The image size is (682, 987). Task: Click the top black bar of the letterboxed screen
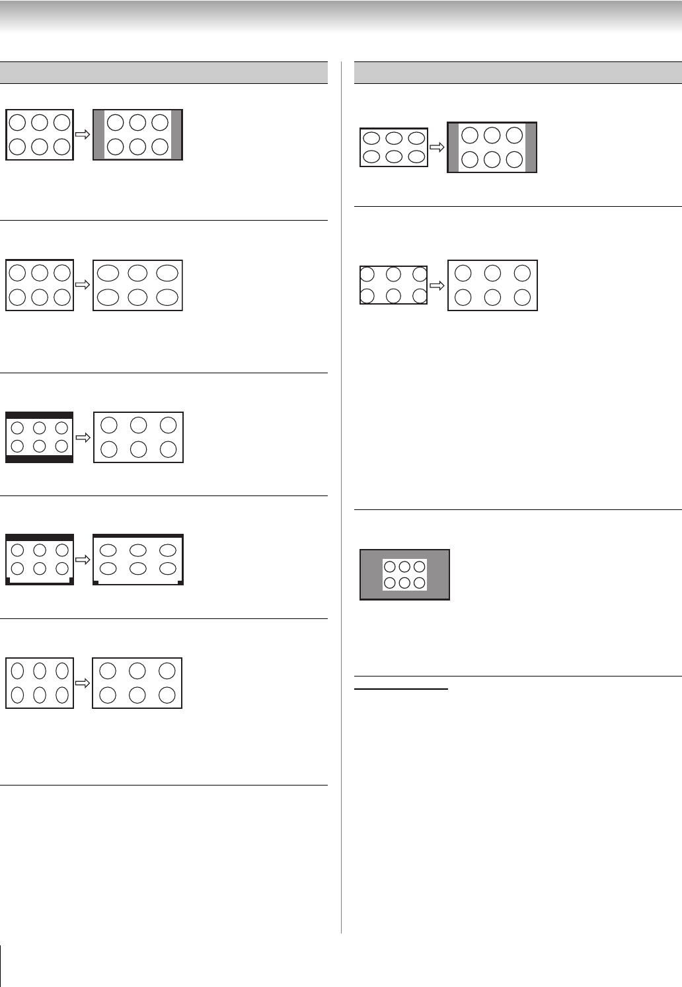(x=39, y=416)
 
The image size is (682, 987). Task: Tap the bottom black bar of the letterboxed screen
(x=39, y=458)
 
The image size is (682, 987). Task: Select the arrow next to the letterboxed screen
(x=83, y=437)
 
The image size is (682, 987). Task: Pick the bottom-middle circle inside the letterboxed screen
(x=39, y=447)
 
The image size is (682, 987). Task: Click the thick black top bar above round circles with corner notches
(x=40, y=538)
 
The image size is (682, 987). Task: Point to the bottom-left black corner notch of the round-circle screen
(x=9, y=581)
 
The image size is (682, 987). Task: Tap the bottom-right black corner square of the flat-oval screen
(x=180, y=582)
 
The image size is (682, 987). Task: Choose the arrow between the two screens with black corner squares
(x=83, y=560)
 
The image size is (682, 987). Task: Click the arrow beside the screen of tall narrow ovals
(x=83, y=683)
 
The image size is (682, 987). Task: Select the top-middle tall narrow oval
(x=40, y=671)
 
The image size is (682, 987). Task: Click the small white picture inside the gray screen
(x=404, y=575)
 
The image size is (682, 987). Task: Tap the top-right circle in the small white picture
(x=419, y=567)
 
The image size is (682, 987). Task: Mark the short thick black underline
(x=401, y=690)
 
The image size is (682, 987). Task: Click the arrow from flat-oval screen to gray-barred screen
(x=437, y=147)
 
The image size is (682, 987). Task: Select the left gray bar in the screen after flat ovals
(x=453, y=147)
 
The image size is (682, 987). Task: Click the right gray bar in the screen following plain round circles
(x=176, y=135)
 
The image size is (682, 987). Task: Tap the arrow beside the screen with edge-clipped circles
(x=437, y=285)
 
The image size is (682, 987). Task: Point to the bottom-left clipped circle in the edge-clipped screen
(x=367, y=296)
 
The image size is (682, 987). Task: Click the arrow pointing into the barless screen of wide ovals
(x=83, y=285)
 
